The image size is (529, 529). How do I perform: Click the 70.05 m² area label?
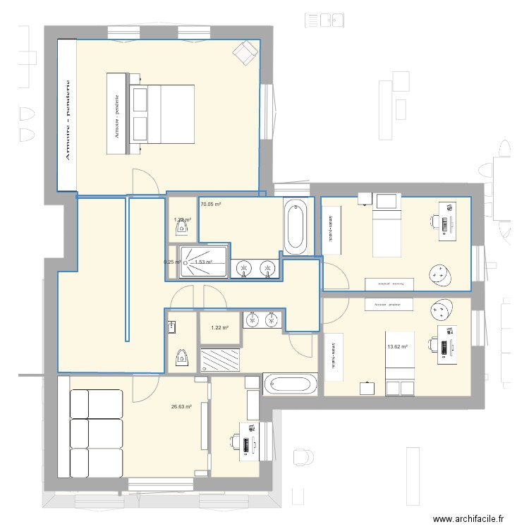pos(210,205)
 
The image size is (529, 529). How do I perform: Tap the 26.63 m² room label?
pos(181,407)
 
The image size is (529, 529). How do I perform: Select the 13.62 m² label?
pos(397,346)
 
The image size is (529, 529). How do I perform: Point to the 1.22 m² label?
pos(219,328)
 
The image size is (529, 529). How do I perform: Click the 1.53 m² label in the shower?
pos(204,262)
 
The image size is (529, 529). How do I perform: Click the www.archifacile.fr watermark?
pos(468,518)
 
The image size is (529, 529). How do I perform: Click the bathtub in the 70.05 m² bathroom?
pos(295,226)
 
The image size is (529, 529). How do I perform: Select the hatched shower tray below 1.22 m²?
pos(221,359)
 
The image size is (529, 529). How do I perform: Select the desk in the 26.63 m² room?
pos(247,441)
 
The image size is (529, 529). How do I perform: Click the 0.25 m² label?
pos(171,262)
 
